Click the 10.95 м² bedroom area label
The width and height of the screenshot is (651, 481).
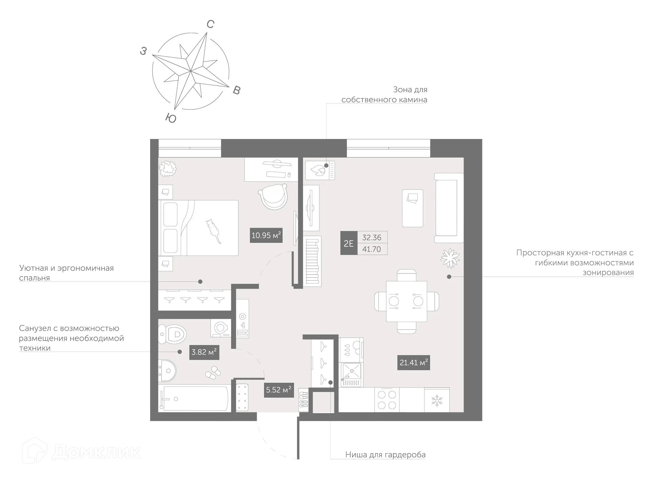tap(266, 235)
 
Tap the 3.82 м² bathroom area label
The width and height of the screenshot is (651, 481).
tap(203, 352)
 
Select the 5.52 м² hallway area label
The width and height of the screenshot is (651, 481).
tap(278, 390)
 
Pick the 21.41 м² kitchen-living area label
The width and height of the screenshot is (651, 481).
tap(413, 363)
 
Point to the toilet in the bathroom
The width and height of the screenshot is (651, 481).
tap(173, 334)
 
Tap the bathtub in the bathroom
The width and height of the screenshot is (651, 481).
tap(195, 399)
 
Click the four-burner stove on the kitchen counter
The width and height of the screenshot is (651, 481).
tap(387, 400)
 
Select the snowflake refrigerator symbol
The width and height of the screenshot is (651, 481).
tap(437, 400)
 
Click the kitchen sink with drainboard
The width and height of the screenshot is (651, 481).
tap(351, 375)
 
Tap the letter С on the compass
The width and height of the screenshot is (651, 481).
tap(210, 24)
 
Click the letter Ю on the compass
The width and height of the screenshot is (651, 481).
tap(171, 118)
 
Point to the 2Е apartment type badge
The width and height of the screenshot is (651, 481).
tap(349, 243)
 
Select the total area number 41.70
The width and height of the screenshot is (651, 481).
tap(371, 249)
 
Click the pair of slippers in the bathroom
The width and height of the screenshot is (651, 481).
tap(213, 372)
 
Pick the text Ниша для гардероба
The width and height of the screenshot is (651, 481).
tap(385, 455)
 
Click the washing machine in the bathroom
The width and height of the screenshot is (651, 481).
tap(221, 328)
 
